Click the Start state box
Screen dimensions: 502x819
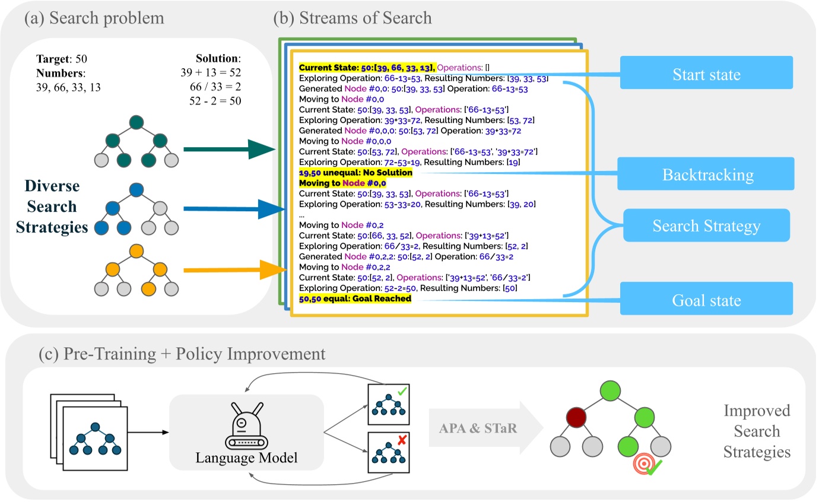pos(706,75)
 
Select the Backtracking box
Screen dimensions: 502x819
pos(706,175)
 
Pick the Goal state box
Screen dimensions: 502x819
pos(706,300)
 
